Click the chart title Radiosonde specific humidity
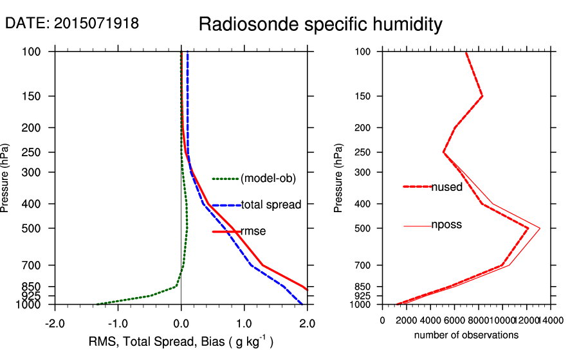(x=320, y=24)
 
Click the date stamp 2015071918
(x=72, y=23)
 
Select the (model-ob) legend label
(x=268, y=179)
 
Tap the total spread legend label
(x=271, y=205)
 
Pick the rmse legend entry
(x=253, y=231)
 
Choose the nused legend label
(x=446, y=187)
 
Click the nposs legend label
(x=446, y=225)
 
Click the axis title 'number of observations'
(x=466, y=335)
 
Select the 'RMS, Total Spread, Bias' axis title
(x=181, y=342)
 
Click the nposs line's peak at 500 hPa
(x=540, y=228)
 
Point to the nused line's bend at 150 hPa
(x=482, y=96)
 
